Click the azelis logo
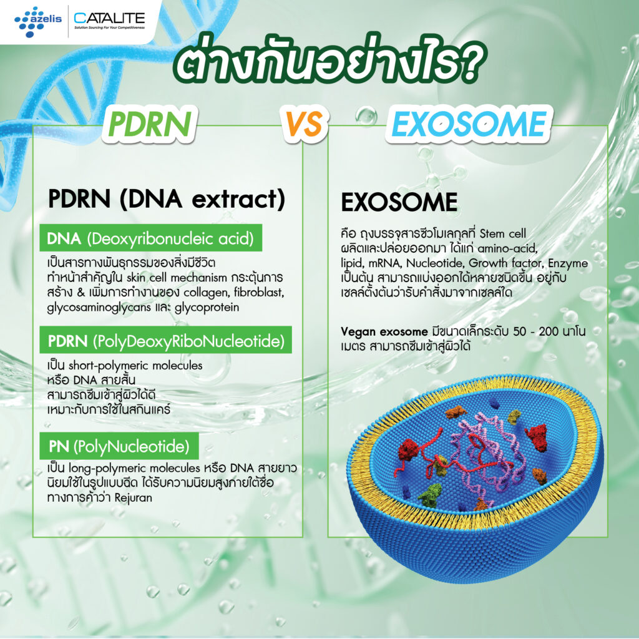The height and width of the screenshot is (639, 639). tap(38, 21)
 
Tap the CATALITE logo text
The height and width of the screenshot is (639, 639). tap(109, 18)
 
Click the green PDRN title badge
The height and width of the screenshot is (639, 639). tap(150, 124)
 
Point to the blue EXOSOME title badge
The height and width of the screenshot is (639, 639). tap(469, 124)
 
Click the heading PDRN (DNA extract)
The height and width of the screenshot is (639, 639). tap(166, 199)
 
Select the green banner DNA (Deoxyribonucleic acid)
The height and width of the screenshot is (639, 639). tap(151, 238)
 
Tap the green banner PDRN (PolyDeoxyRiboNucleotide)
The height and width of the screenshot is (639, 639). tap(165, 340)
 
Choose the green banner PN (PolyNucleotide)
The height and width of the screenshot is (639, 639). tap(119, 446)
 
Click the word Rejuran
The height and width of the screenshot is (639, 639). tap(134, 497)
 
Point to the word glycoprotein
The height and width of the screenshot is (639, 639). tap(207, 308)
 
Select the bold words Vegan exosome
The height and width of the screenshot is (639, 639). tap(384, 331)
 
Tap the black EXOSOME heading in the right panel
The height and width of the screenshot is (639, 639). tap(399, 203)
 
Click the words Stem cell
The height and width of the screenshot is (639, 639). tap(502, 233)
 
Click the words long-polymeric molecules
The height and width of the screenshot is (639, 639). tap(134, 468)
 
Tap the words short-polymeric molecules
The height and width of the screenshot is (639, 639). tap(135, 366)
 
